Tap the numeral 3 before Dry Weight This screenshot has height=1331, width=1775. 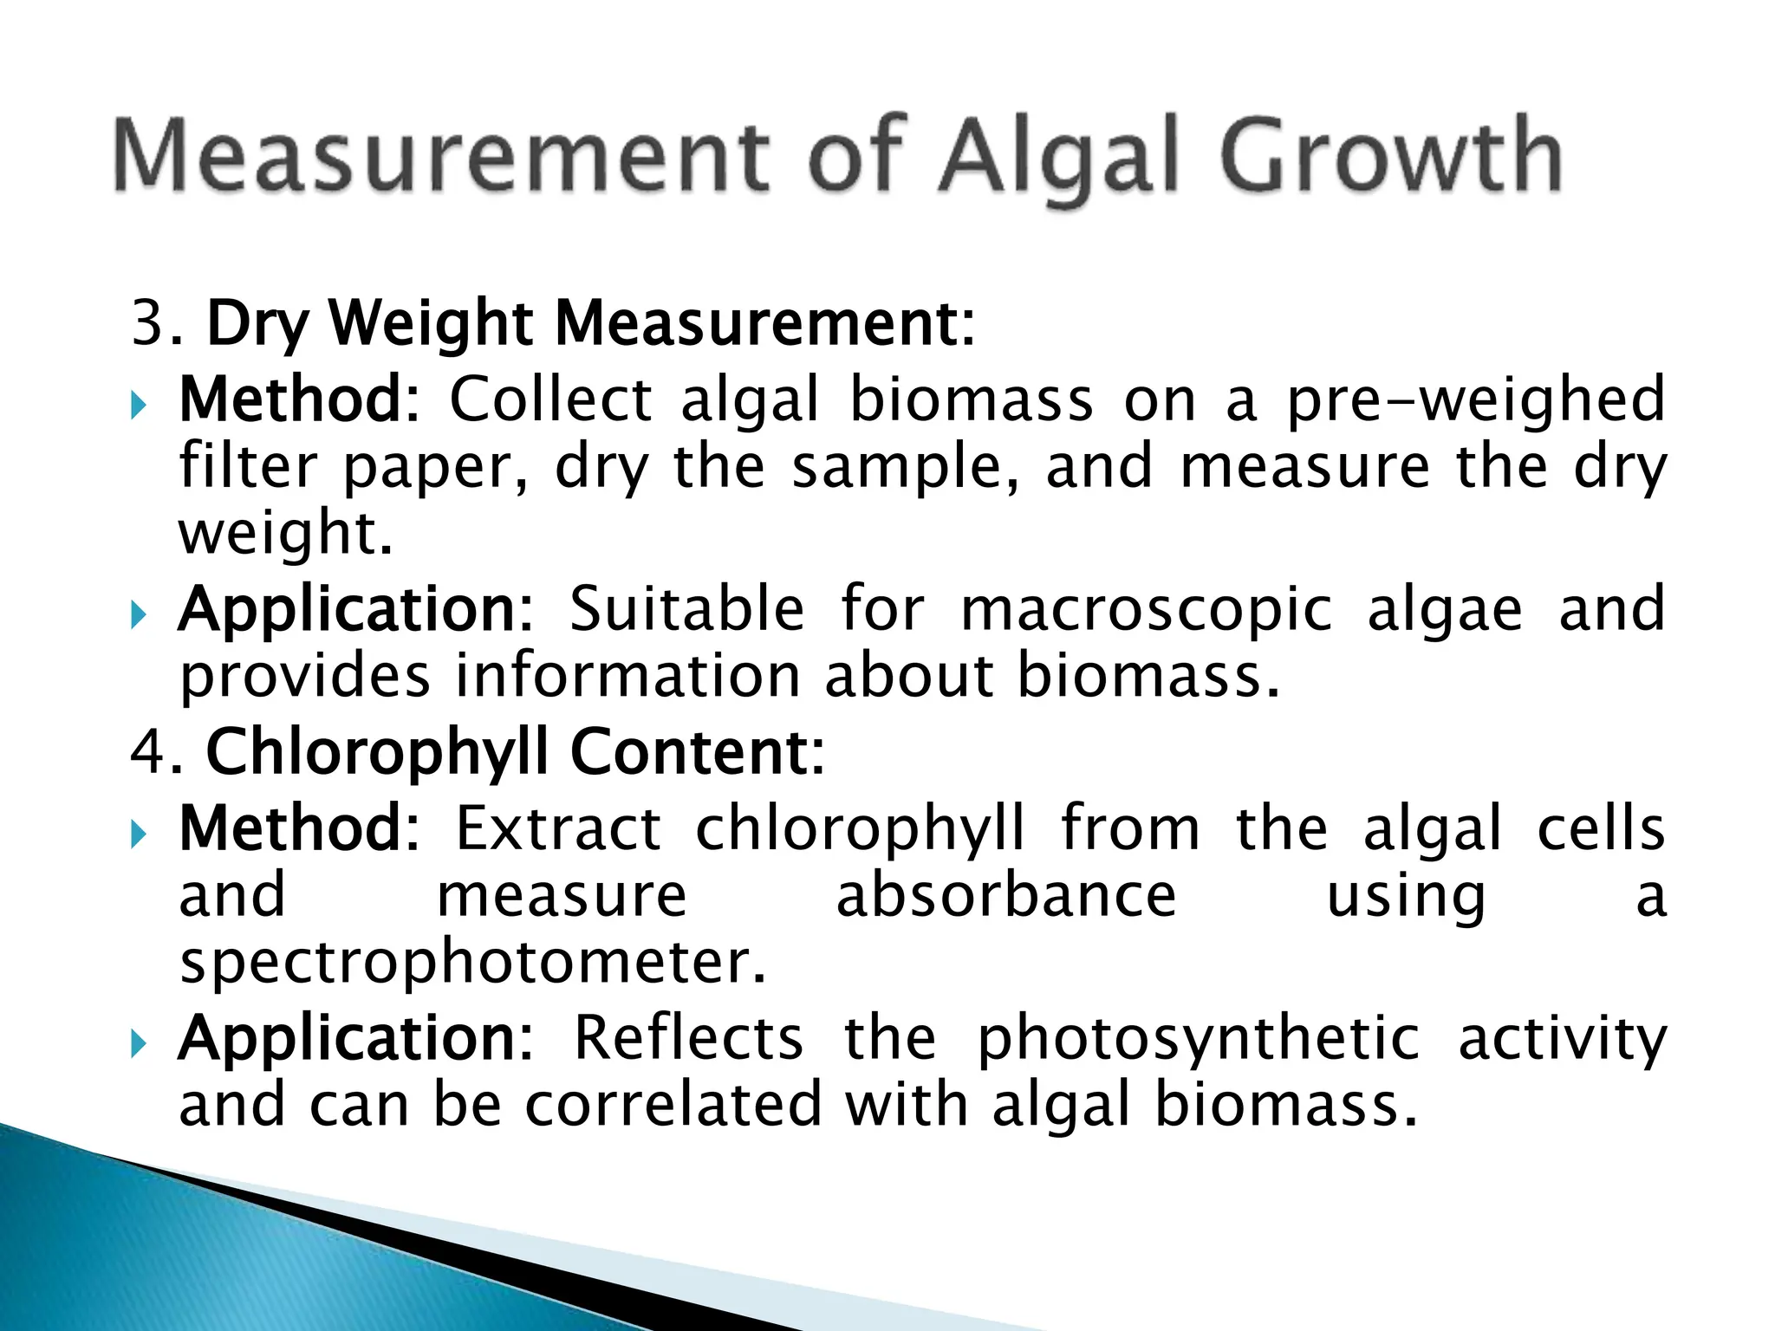(148, 323)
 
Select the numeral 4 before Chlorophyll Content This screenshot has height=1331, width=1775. (148, 751)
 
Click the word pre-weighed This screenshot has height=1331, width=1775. (1475, 400)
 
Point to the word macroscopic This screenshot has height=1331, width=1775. (1146, 610)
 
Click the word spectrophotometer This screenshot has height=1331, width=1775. (473, 964)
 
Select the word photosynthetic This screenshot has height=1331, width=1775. (1198, 1039)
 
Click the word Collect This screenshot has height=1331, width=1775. (551, 400)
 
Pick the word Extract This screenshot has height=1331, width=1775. (558, 829)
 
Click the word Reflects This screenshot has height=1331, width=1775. (688, 1039)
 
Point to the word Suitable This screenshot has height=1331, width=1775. (686, 610)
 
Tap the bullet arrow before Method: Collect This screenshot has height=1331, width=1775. (139, 404)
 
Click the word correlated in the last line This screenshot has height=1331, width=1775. (673, 1106)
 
